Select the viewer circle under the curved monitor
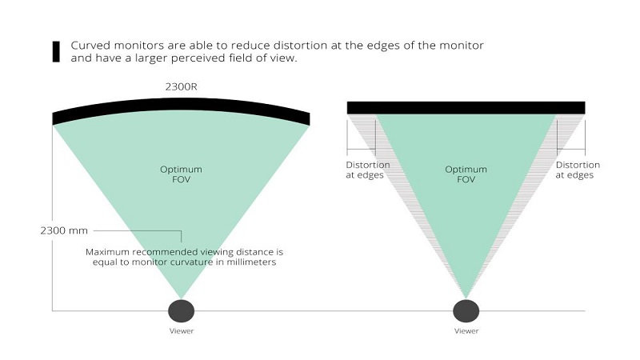click(181, 310)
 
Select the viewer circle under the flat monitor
click(466, 310)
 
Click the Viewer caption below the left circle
click(181, 330)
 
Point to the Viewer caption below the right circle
click(466, 330)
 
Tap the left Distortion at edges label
click(368, 170)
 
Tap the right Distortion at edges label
click(577, 170)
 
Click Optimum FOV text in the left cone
click(181, 174)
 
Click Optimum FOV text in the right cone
click(466, 174)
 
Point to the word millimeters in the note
click(250, 262)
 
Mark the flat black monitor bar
click(466, 107)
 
